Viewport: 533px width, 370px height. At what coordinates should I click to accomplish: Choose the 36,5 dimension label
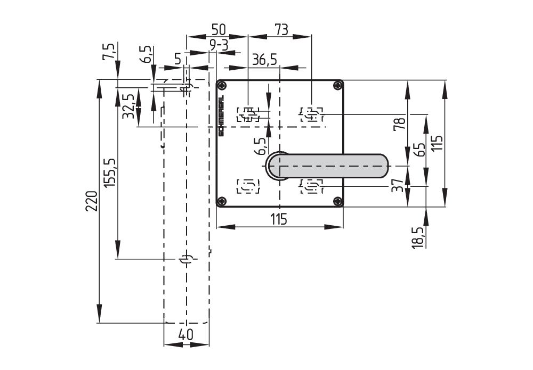[264, 60]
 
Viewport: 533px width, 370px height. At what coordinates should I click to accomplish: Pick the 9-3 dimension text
[219, 46]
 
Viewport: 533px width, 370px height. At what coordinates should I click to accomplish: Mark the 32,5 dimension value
[128, 106]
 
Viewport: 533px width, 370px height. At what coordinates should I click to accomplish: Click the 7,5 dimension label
[109, 53]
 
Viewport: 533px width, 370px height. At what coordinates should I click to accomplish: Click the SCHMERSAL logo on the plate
[222, 114]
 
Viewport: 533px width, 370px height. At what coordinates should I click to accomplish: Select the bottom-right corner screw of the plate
[337, 201]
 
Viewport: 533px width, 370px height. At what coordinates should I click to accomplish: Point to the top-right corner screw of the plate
[337, 86]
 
